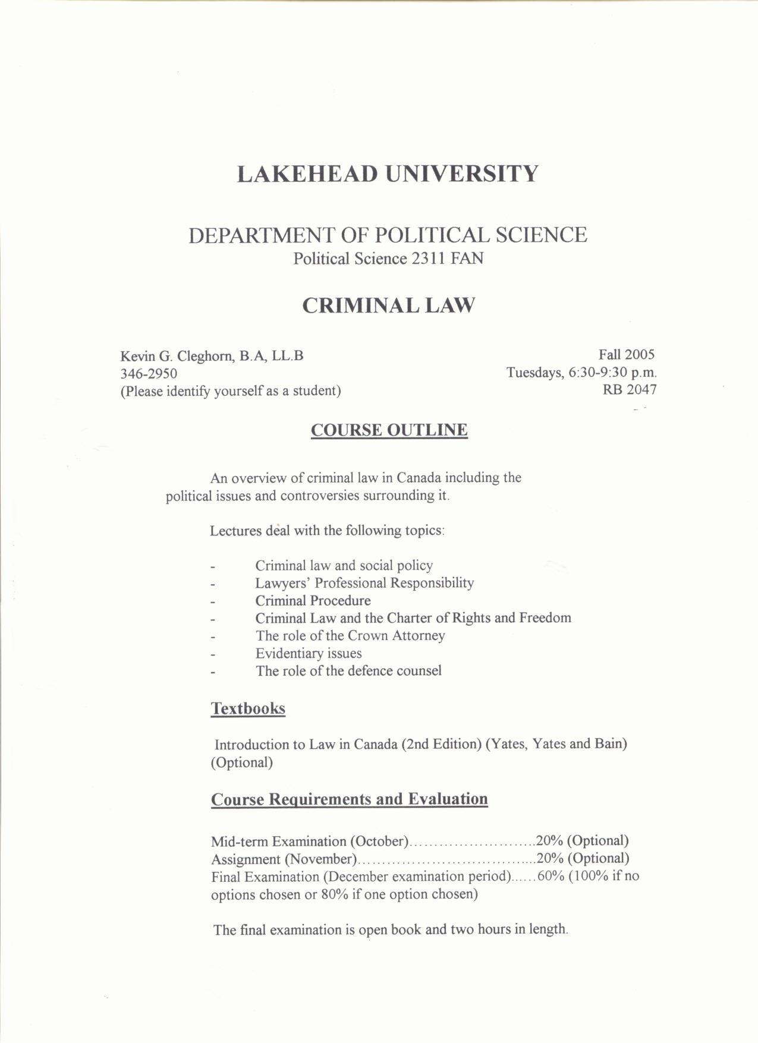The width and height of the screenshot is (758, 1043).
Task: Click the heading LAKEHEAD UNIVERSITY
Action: [x=388, y=174]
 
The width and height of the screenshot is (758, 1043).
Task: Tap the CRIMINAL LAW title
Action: [x=388, y=305]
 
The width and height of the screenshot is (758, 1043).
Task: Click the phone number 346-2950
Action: [x=149, y=374]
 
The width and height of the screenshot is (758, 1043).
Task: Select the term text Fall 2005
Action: [x=626, y=355]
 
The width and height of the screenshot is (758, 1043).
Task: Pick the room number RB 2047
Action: [x=630, y=390]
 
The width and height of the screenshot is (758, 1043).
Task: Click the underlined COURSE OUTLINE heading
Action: [x=389, y=430]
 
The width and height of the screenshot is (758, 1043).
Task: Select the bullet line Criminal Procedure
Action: [x=313, y=601]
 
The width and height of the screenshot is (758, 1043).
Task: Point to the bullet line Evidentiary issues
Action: [x=309, y=654]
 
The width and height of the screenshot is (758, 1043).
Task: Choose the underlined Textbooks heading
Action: [x=248, y=708]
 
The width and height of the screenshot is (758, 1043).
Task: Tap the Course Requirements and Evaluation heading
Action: [x=349, y=799]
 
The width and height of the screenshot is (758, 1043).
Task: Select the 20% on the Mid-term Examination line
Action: [x=549, y=841]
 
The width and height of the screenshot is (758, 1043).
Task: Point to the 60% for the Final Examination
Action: [x=551, y=876]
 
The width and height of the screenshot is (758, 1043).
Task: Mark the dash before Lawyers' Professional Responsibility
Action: [x=212, y=585]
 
